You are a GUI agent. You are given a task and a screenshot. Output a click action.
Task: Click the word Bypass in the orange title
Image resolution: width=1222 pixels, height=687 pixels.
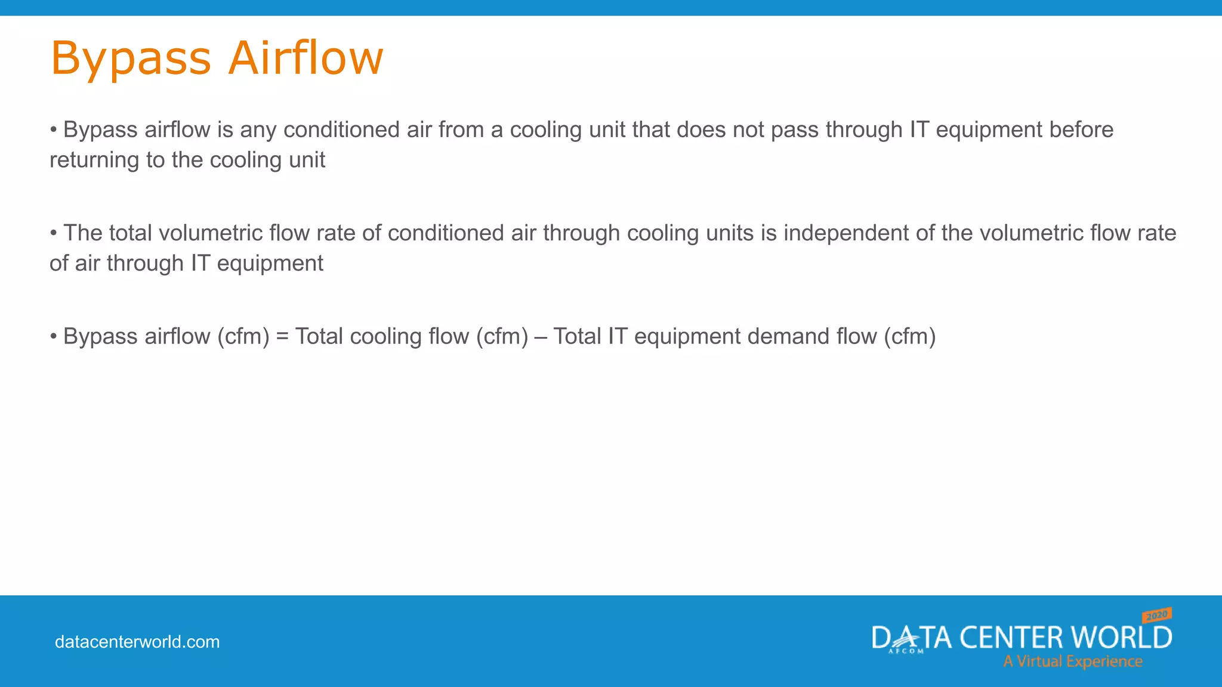(131, 58)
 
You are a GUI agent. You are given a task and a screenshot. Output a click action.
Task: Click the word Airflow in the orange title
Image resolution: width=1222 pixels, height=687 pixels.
(305, 58)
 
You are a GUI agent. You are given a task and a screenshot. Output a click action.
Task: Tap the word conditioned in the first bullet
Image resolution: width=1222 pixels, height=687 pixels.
(341, 129)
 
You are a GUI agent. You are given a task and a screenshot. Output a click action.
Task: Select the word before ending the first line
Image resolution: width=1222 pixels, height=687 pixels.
(1081, 129)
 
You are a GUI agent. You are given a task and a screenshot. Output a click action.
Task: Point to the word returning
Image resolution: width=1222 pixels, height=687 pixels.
(94, 160)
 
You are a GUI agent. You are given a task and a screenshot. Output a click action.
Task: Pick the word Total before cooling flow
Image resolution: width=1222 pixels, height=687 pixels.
(319, 336)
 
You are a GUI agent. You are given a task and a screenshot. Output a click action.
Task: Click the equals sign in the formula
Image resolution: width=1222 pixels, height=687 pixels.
(282, 336)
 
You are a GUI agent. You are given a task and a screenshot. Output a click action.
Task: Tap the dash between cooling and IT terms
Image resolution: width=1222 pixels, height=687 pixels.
(541, 336)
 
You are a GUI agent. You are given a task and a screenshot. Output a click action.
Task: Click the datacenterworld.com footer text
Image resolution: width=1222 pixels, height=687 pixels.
(137, 642)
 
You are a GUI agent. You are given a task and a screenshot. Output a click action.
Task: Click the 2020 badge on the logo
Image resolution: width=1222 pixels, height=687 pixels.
(1157, 615)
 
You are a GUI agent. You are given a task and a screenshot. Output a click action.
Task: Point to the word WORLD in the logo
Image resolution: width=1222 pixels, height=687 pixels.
(1121, 638)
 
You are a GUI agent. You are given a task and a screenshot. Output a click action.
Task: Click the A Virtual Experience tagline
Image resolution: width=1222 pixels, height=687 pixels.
(1072, 661)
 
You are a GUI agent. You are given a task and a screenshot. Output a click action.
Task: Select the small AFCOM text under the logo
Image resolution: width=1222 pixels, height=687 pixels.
(906, 651)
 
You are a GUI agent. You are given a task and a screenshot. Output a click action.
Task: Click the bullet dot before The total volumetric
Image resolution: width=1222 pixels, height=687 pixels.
(53, 232)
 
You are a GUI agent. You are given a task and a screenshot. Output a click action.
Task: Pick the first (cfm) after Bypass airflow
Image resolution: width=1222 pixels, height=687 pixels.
(243, 336)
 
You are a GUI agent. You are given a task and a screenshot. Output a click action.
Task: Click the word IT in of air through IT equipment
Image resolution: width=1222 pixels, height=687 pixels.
(200, 263)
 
